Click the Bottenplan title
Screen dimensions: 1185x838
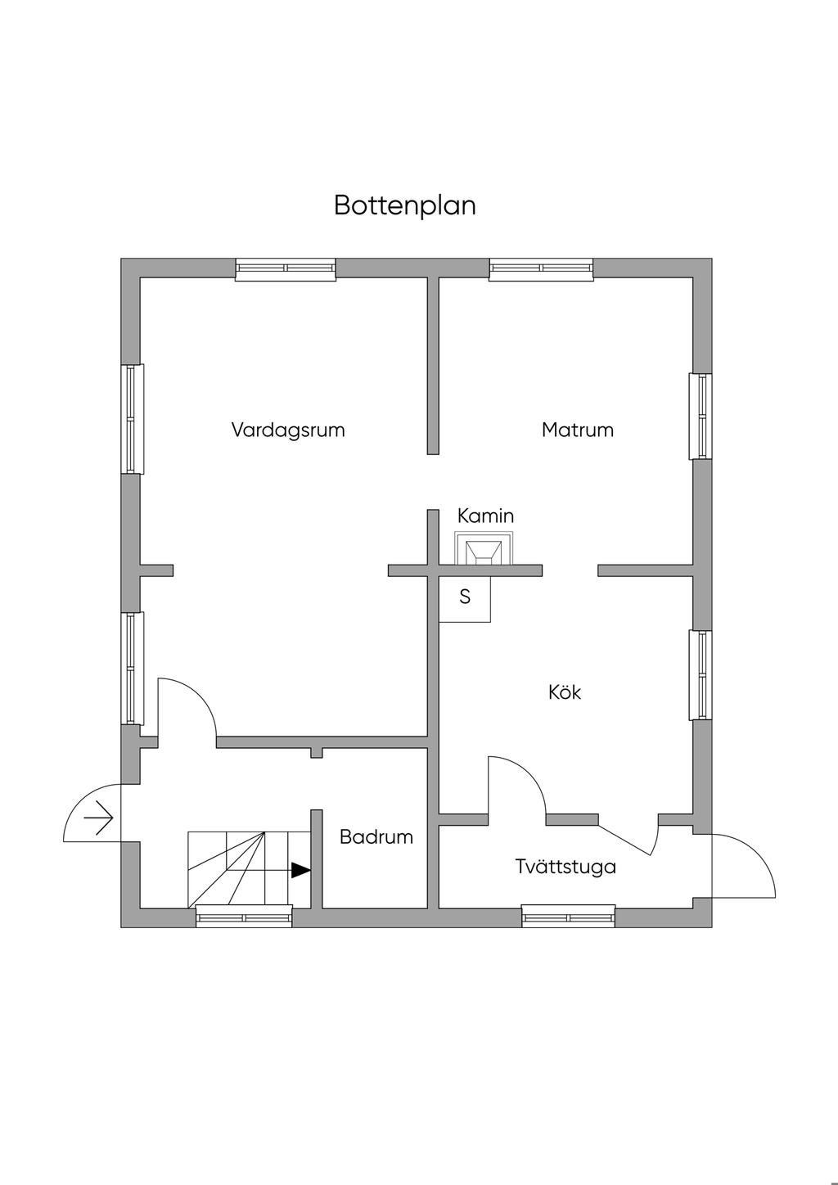(x=404, y=205)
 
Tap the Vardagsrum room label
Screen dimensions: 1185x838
(x=288, y=430)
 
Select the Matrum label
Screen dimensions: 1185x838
(x=577, y=430)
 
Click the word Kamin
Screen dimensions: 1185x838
(x=485, y=516)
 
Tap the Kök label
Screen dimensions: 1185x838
(x=565, y=692)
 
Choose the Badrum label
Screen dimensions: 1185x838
(x=376, y=837)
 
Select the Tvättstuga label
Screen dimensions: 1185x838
(x=565, y=867)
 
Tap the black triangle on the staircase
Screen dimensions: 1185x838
(x=300, y=870)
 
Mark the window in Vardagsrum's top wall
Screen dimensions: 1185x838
(x=286, y=269)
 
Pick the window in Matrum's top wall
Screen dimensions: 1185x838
(x=541, y=269)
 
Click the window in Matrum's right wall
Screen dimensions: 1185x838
(x=701, y=417)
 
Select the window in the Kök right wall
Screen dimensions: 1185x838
(x=701, y=674)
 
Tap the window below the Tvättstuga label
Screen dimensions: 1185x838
(x=569, y=916)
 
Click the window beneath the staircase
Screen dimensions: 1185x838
(x=244, y=917)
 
